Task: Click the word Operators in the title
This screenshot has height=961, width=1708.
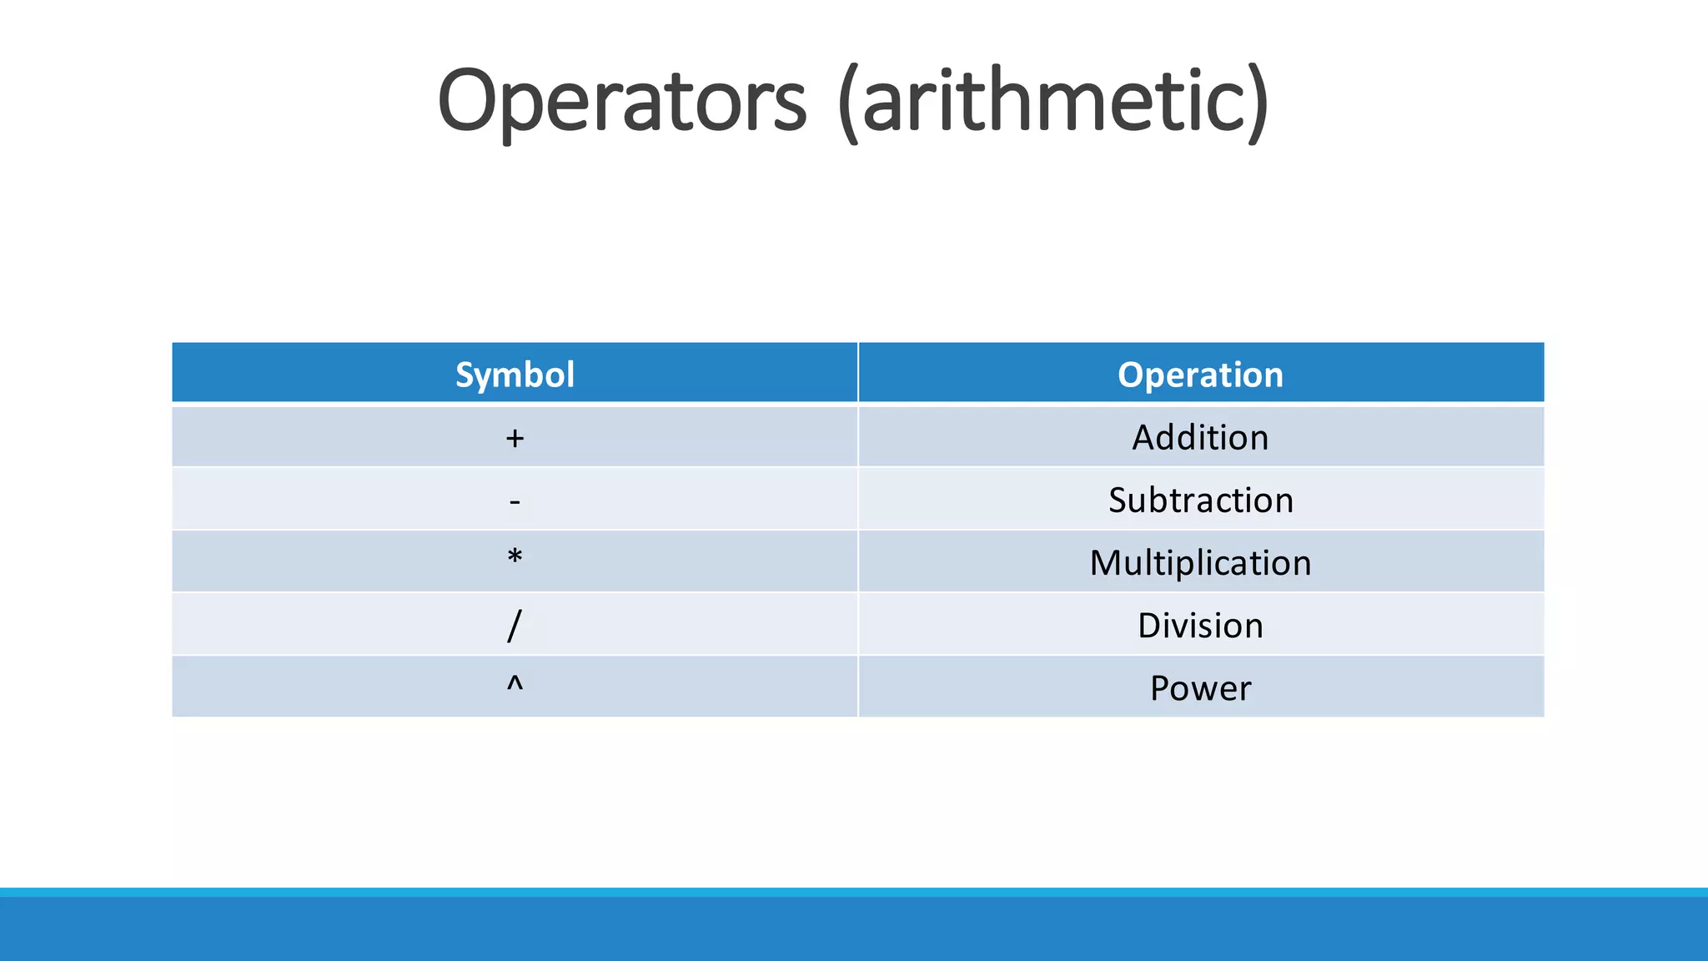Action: pos(622,102)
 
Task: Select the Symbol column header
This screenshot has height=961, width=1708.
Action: pos(515,375)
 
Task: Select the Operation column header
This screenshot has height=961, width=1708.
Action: pos(1200,375)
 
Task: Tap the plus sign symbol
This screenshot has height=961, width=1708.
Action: pos(515,438)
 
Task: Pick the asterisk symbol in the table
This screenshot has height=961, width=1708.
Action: pos(515,556)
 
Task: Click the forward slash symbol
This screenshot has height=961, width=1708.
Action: pos(515,626)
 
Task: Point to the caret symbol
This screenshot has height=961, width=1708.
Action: pos(515,684)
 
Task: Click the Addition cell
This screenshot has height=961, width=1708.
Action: pos(1200,438)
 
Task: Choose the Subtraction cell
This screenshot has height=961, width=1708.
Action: pos(1200,501)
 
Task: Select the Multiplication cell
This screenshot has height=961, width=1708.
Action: pos(1200,563)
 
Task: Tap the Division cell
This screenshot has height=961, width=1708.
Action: pos(1200,626)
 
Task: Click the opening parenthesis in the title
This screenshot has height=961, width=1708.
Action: pos(848,103)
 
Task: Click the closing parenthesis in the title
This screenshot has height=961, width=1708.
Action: pos(1258,103)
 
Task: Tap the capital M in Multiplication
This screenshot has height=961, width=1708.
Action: pos(1108,563)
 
